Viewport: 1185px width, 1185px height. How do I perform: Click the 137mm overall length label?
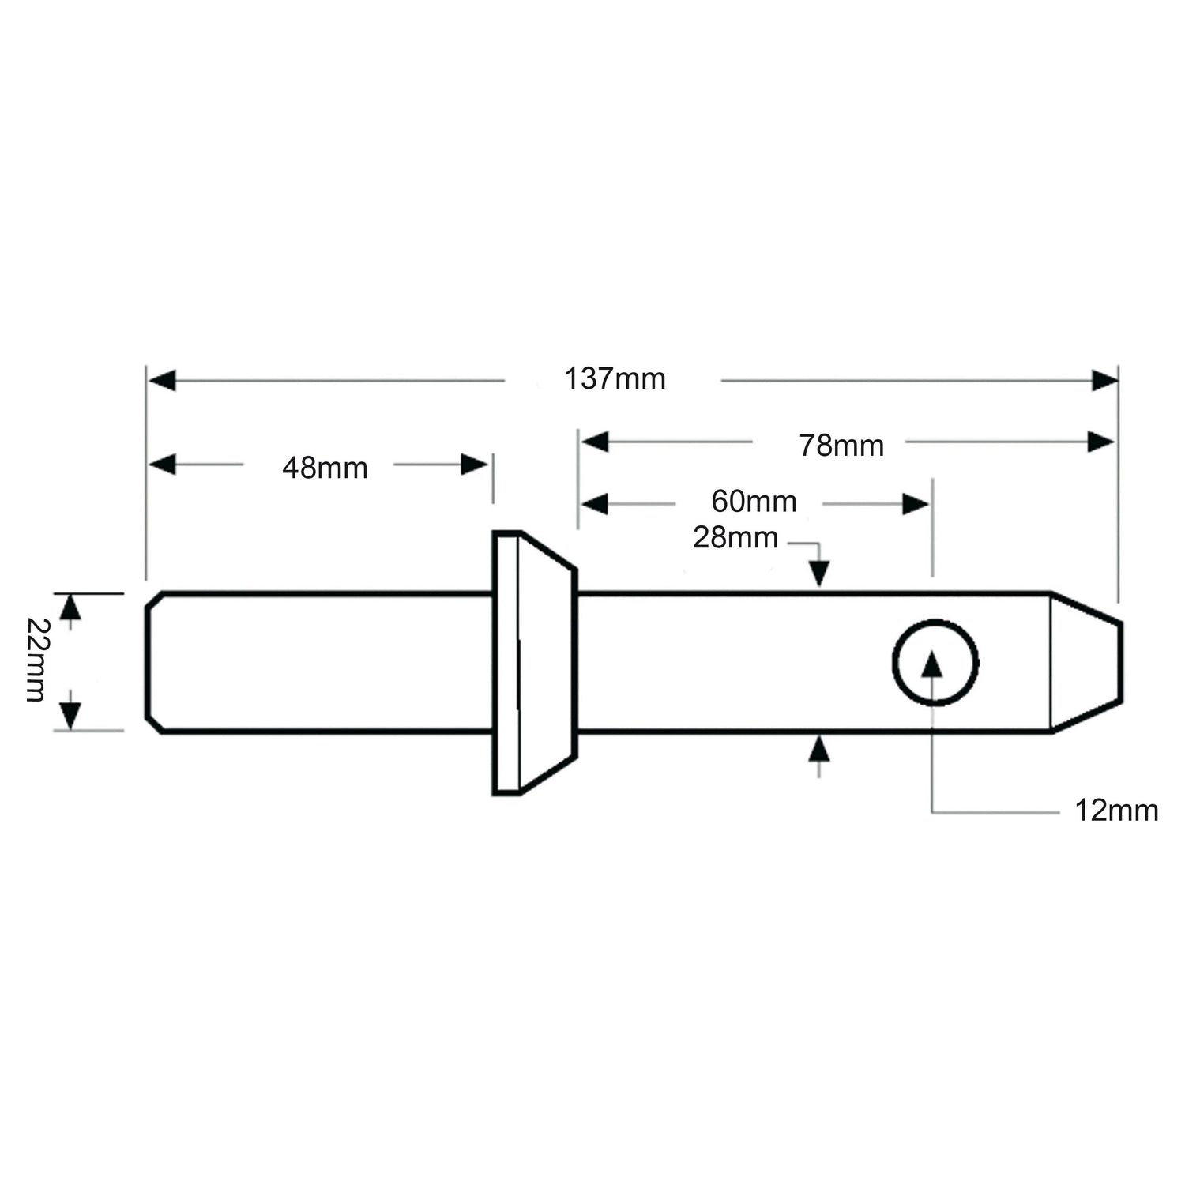(x=615, y=379)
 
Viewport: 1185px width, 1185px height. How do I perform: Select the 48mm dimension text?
(x=325, y=468)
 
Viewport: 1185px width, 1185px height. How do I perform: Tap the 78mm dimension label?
(x=841, y=446)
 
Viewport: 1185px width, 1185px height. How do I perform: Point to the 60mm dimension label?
(x=754, y=502)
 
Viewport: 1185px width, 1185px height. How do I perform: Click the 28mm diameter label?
(x=735, y=538)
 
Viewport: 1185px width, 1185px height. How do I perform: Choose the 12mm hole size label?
(x=1115, y=811)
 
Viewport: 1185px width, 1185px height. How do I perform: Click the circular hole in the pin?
(x=935, y=662)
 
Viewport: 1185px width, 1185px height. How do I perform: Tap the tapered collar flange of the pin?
(x=533, y=662)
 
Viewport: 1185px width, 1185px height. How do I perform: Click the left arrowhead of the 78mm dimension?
(x=595, y=442)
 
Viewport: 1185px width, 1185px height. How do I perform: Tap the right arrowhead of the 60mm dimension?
(x=916, y=504)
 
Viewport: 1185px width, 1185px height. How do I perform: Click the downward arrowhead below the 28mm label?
(x=819, y=572)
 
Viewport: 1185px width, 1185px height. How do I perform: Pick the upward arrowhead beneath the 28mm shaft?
(x=819, y=747)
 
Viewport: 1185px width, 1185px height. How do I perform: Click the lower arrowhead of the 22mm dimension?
(x=71, y=716)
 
